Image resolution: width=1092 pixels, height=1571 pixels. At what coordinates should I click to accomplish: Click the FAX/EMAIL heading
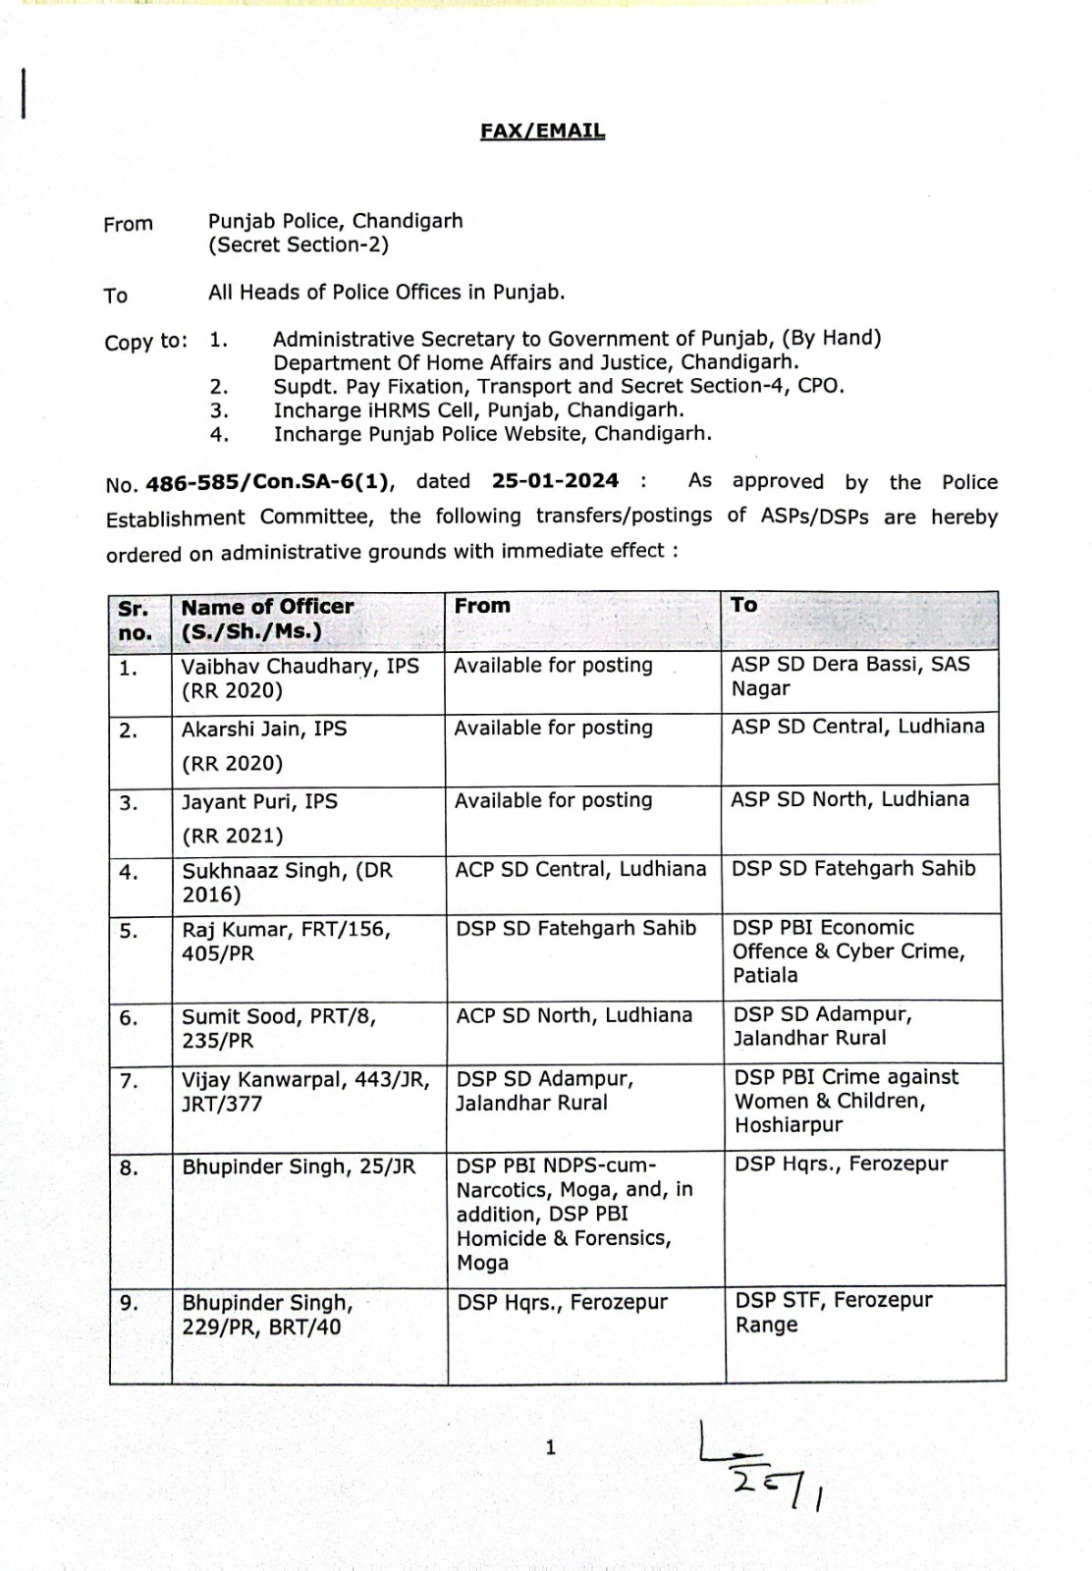point(542,131)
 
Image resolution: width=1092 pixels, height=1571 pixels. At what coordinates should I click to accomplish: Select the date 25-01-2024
point(555,481)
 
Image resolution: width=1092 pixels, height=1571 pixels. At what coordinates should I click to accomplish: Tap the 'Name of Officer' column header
point(267,607)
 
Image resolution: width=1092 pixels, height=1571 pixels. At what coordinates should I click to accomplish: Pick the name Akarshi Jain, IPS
point(264,729)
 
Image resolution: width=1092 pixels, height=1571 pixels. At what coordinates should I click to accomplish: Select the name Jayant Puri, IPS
point(259,801)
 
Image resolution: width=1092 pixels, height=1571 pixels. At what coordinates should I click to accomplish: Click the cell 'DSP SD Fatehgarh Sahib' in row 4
point(853,868)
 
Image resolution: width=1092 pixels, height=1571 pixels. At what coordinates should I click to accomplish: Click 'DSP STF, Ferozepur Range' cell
point(834,1312)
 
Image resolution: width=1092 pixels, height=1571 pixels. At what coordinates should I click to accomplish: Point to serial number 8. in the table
point(129,1167)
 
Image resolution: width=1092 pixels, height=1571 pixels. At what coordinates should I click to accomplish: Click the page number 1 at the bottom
point(550,1446)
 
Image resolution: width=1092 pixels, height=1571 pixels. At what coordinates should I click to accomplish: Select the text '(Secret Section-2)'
point(298,245)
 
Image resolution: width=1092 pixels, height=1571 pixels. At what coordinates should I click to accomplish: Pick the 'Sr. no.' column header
point(135,620)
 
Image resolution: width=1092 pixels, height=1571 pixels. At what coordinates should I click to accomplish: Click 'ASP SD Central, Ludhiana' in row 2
point(857,726)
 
